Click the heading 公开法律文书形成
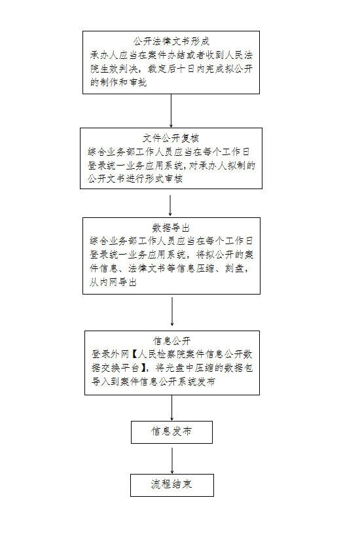[x=171, y=42]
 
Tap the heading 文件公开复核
[x=171, y=139]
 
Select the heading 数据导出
[x=171, y=228]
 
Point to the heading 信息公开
[x=172, y=341]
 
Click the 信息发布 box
[x=171, y=432]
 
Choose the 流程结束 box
[x=172, y=485]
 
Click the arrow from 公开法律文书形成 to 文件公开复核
[x=171, y=111]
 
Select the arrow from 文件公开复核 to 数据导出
[x=170, y=206]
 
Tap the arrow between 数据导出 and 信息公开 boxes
[x=172, y=312]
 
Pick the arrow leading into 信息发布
[x=172, y=408]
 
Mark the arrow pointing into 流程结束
[x=172, y=461]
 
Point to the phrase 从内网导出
[x=113, y=282]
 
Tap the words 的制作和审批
[x=118, y=82]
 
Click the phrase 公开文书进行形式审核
[x=135, y=179]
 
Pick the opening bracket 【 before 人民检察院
[x=134, y=354]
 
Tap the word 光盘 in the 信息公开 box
[x=175, y=368]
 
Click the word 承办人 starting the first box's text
[x=104, y=55]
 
